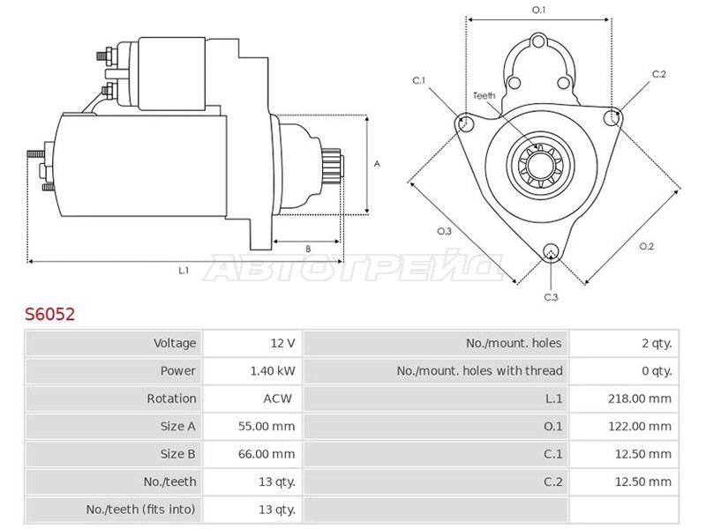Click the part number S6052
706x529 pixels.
coord(49,314)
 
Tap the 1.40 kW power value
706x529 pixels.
coord(273,371)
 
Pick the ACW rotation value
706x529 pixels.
coord(277,399)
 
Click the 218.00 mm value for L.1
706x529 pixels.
coord(639,399)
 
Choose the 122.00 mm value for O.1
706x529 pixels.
coord(639,427)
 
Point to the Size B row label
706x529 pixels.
coord(178,454)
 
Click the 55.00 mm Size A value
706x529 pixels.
coord(267,427)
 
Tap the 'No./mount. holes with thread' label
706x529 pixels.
coord(479,371)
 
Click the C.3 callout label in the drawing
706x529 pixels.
coord(551,297)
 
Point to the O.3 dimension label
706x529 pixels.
coord(445,231)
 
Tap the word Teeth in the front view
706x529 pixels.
coord(484,95)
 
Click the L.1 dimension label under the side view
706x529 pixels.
coord(184,271)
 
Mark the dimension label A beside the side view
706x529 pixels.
coord(378,164)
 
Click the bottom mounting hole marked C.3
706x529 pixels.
coord(550,251)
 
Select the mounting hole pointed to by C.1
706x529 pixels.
coord(465,123)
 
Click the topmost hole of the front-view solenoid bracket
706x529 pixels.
coord(538,41)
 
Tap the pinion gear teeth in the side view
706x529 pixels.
coord(332,165)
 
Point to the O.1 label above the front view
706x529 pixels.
coord(538,10)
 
